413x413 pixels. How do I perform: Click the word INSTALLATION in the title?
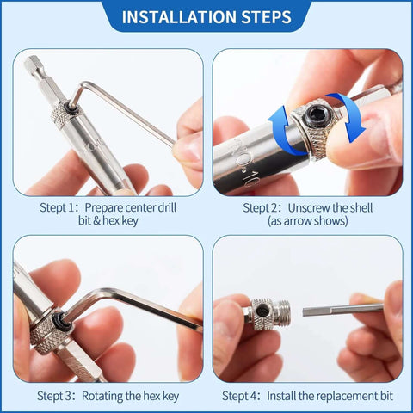click(176, 16)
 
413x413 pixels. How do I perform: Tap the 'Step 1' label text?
click(59, 207)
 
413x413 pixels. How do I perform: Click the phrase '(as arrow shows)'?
click(307, 221)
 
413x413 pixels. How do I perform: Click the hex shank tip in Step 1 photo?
click(33, 64)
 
